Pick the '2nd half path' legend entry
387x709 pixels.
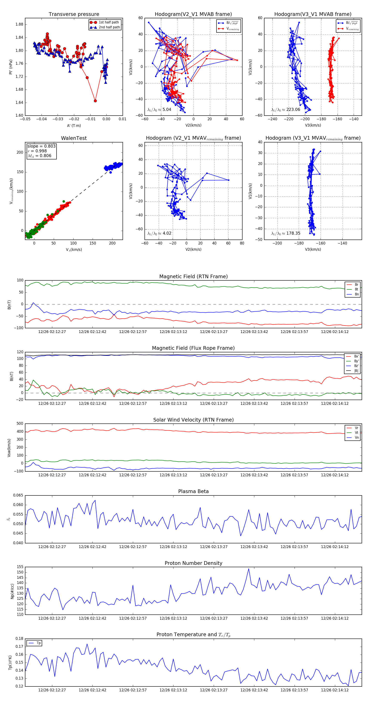(x=109, y=27)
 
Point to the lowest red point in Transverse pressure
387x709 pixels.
(x=95, y=101)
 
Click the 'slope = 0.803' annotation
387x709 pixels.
(x=41, y=146)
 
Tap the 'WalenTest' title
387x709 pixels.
(x=74, y=138)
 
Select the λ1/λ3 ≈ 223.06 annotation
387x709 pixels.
(x=286, y=110)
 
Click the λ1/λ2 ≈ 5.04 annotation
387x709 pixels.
(x=159, y=110)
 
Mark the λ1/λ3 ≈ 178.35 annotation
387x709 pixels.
(x=286, y=233)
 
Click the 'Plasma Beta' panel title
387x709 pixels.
(x=193, y=492)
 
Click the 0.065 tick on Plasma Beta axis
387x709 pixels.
(x=18, y=495)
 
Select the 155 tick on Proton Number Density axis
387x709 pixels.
(x=20, y=567)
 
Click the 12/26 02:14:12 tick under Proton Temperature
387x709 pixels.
(x=335, y=690)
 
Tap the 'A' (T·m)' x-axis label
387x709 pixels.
(x=74, y=126)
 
